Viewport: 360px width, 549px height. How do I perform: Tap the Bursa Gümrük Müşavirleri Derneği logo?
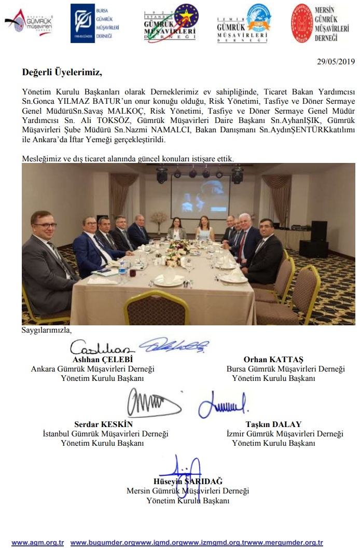point(95,23)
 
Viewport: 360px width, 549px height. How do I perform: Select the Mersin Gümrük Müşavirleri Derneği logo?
point(323,23)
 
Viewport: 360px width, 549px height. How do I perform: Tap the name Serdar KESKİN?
point(104,424)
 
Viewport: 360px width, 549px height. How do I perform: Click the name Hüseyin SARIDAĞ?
point(180,482)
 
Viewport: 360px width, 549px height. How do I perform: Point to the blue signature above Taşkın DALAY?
point(223,402)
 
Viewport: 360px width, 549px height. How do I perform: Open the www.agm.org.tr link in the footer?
point(37,543)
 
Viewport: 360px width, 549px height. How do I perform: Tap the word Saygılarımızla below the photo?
point(46,330)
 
